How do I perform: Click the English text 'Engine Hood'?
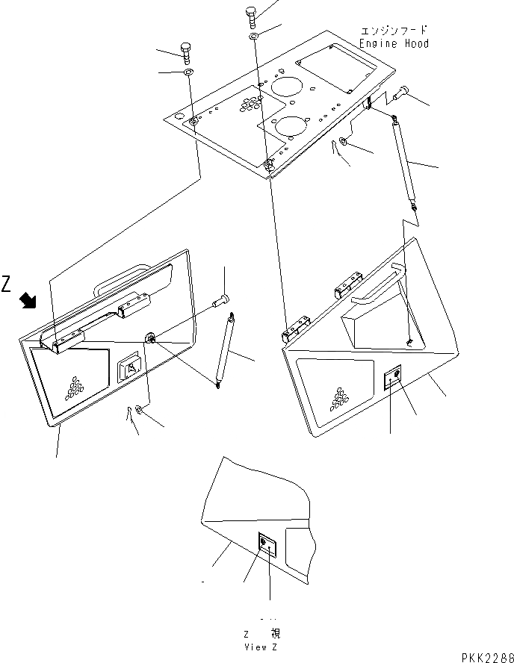click(394, 43)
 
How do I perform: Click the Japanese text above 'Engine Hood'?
click(394, 31)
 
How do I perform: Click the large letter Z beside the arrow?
click(7, 284)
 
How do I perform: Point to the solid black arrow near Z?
click(28, 301)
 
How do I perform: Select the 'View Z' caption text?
click(261, 647)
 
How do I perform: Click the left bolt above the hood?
click(186, 53)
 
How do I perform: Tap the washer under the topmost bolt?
click(254, 36)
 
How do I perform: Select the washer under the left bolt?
click(188, 72)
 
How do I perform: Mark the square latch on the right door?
click(393, 379)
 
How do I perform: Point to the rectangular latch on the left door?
click(131, 369)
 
